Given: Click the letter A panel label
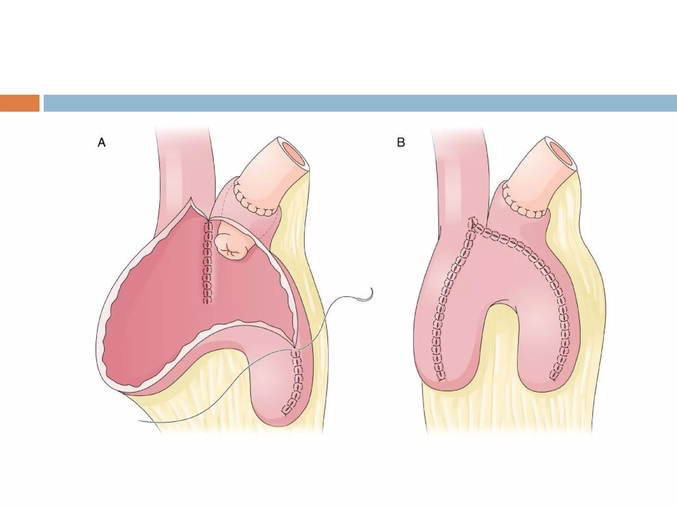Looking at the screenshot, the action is click(101, 143).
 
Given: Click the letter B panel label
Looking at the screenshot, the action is click(401, 143).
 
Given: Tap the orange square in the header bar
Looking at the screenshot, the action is click(20, 103).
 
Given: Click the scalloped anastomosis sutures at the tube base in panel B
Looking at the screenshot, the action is click(522, 207).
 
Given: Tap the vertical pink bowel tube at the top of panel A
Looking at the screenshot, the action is click(183, 159).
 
